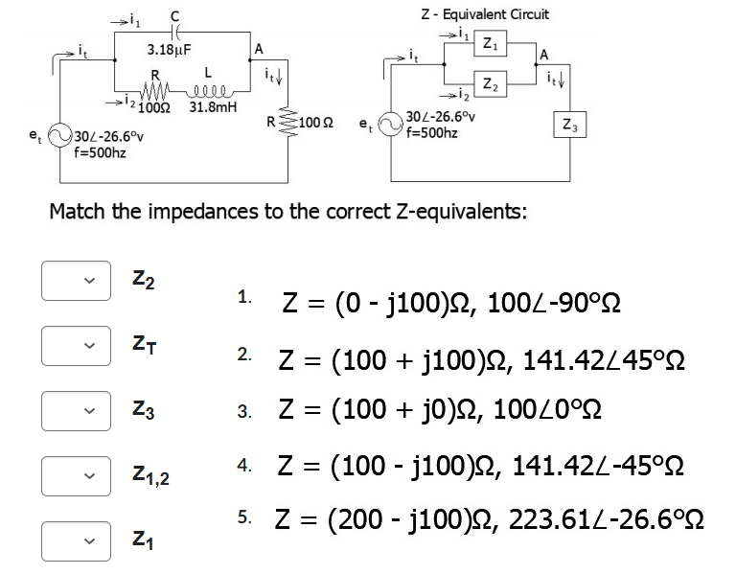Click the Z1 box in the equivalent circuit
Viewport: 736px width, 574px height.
coord(490,43)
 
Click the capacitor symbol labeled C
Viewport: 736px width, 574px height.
coord(173,32)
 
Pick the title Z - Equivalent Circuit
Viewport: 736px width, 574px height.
coord(485,14)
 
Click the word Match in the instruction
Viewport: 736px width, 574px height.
coord(82,211)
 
